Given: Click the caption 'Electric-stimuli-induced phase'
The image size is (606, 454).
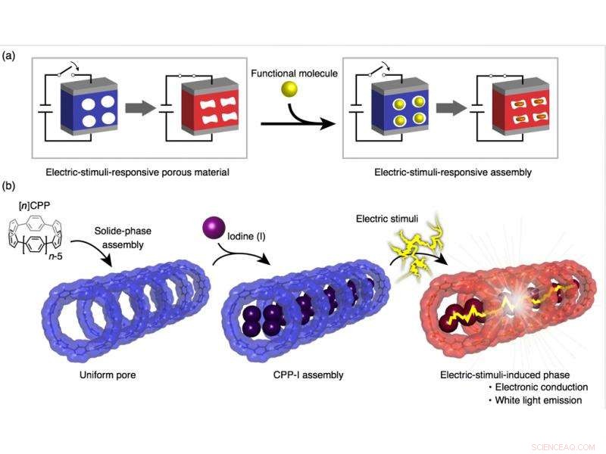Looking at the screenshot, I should (512, 373).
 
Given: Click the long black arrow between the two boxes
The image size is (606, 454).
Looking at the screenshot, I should (295, 121).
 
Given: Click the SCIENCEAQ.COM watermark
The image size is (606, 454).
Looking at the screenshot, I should (564, 446).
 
